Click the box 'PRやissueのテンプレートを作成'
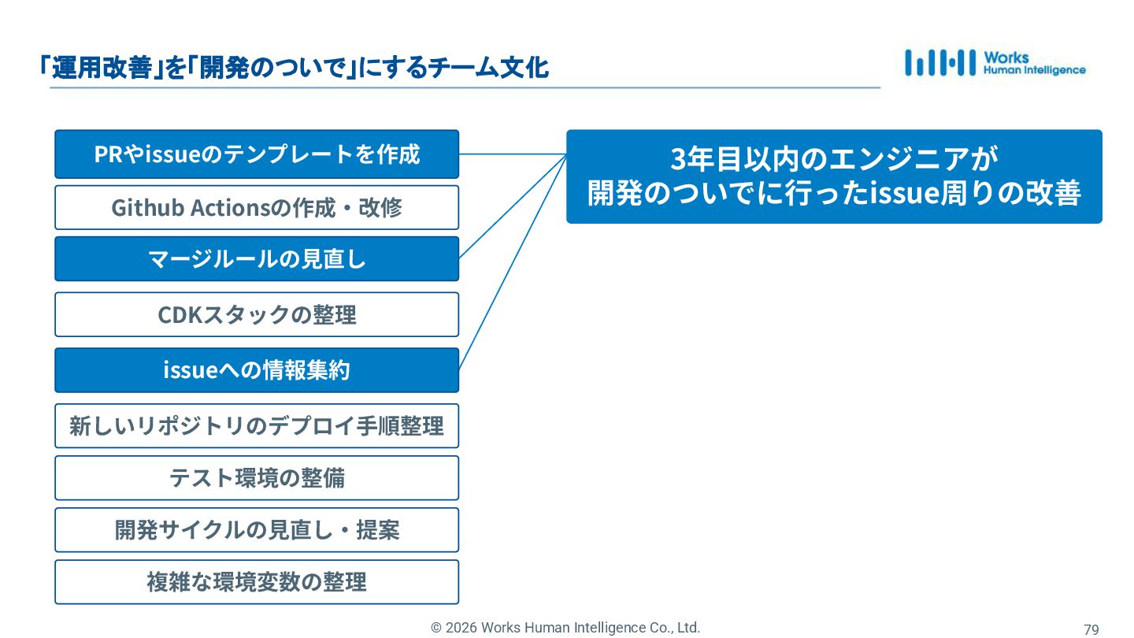(257, 154)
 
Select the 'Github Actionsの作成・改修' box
(257, 208)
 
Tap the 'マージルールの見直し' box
(257, 258)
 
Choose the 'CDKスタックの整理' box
(257, 315)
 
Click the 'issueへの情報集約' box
(257, 370)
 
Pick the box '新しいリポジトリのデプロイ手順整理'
(257, 426)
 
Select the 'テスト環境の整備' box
(257, 478)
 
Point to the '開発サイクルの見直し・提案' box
(257, 530)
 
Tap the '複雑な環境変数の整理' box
(257, 582)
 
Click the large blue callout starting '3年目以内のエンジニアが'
(834, 176)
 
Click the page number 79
(1091, 629)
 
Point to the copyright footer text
(565, 628)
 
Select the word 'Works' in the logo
(1006, 57)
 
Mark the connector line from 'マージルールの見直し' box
(512, 206)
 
